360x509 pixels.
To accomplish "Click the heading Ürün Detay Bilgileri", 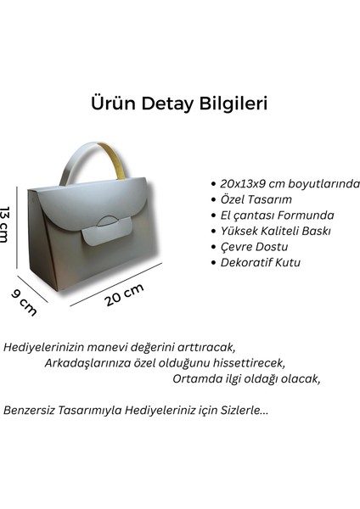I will pos(179,103).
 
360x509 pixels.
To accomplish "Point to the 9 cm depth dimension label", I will pos(23,301).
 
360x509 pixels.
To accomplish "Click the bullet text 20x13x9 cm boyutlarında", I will pos(290,183).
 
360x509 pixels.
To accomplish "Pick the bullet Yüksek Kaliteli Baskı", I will pos(273,231).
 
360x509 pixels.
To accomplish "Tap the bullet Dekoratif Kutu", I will pos(259,263).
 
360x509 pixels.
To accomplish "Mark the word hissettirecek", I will pos(247,363).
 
